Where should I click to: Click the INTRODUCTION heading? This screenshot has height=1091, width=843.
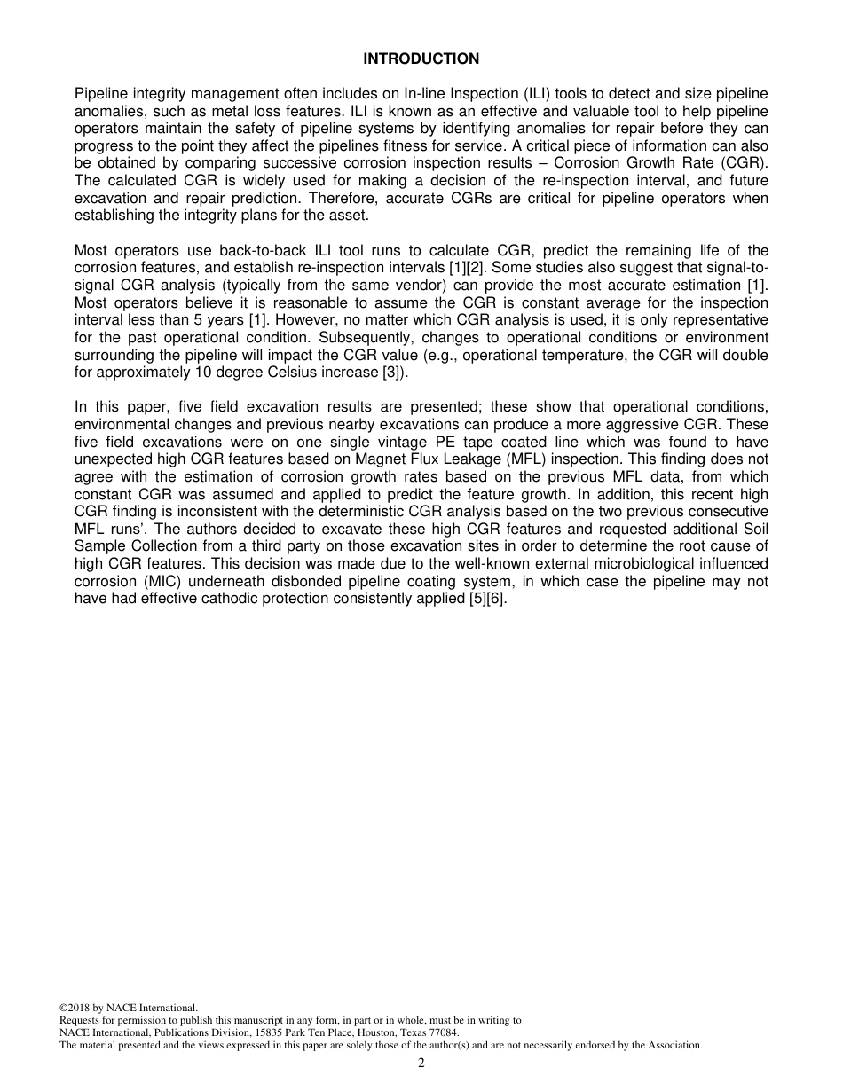(421, 59)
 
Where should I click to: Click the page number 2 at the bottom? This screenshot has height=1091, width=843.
(421, 1064)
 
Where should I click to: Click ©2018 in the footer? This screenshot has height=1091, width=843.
(75, 1008)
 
